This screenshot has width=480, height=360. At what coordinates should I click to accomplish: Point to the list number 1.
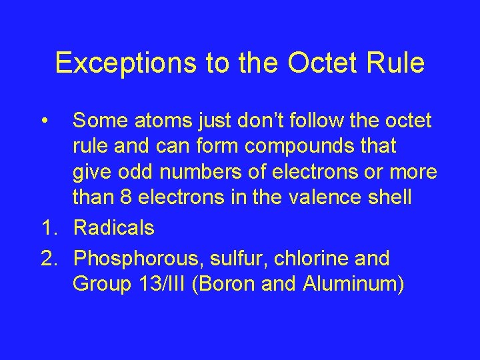coord(48,228)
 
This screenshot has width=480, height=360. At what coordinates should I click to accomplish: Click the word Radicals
coord(113,228)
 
